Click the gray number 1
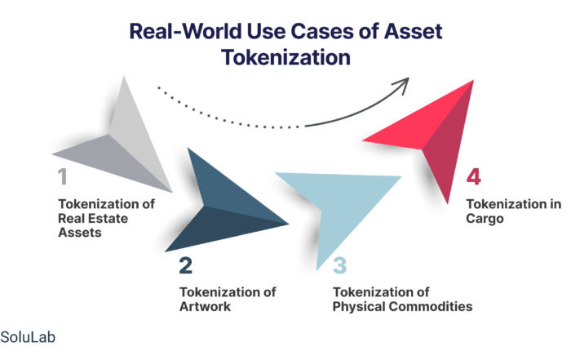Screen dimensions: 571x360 tap(63, 176)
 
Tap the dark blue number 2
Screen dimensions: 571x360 tap(186, 265)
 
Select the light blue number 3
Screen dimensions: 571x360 tap(340, 265)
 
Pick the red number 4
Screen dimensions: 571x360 tap(474, 176)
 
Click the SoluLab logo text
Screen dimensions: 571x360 tap(28, 337)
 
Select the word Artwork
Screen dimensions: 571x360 tap(205, 306)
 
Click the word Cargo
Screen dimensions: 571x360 tap(485, 219)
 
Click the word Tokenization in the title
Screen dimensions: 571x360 tap(285, 58)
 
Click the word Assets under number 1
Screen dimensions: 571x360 tap(80, 233)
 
